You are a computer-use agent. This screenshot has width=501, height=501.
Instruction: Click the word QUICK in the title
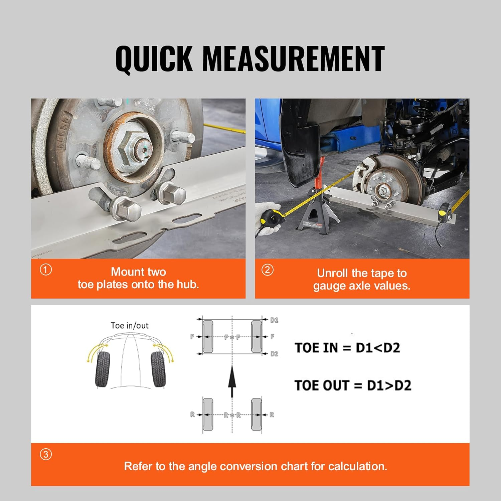pos(154,58)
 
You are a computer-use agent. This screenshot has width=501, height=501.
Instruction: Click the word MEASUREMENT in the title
pos(293,58)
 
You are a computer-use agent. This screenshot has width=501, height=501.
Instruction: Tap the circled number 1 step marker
pos(46,270)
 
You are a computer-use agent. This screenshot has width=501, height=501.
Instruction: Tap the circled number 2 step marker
pos(267,270)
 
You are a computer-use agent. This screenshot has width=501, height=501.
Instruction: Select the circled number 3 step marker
pos(46,454)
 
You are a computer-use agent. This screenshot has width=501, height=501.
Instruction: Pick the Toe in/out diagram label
pos(130,326)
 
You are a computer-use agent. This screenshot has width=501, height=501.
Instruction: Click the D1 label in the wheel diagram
pos(274,320)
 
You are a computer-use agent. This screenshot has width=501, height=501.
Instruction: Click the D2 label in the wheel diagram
pos(274,354)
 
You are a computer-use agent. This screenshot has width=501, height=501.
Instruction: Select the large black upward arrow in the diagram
pos(232,381)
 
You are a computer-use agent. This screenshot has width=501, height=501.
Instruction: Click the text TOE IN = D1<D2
pos(347,348)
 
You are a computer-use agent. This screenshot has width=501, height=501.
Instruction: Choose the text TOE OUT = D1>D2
pos(353,385)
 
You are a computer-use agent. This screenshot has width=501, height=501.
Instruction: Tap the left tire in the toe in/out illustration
pos(103,369)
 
